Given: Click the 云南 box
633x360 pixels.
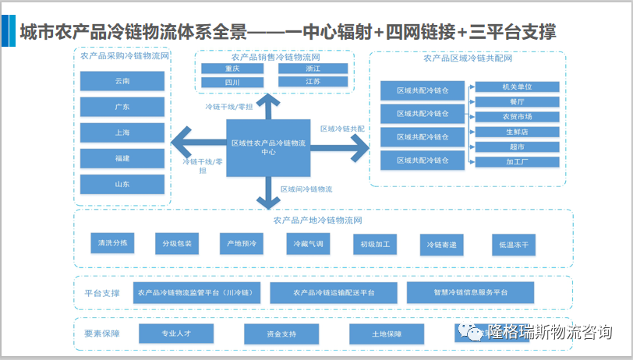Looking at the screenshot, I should (x=122, y=81).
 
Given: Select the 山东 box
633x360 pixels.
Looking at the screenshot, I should (x=122, y=184).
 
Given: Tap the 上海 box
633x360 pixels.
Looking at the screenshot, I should (x=122, y=132).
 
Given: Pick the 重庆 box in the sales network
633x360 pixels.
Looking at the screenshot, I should (x=232, y=69).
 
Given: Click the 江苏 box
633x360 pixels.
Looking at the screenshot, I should (x=313, y=82).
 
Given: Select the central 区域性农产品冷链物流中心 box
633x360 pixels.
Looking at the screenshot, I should (x=268, y=147).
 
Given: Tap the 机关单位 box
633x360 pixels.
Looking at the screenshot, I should (x=516, y=86).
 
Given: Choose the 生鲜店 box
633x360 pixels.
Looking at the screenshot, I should (x=516, y=132).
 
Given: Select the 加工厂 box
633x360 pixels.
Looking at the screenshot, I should (x=516, y=162).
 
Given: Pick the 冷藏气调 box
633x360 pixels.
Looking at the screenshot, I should (x=307, y=244).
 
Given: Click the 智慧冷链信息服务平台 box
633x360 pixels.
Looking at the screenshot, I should (x=470, y=292).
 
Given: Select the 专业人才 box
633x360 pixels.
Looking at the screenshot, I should (x=175, y=334).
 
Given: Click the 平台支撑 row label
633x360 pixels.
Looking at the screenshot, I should (x=102, y=293).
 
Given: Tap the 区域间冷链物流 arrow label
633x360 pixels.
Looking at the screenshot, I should (x=306, y=189).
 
